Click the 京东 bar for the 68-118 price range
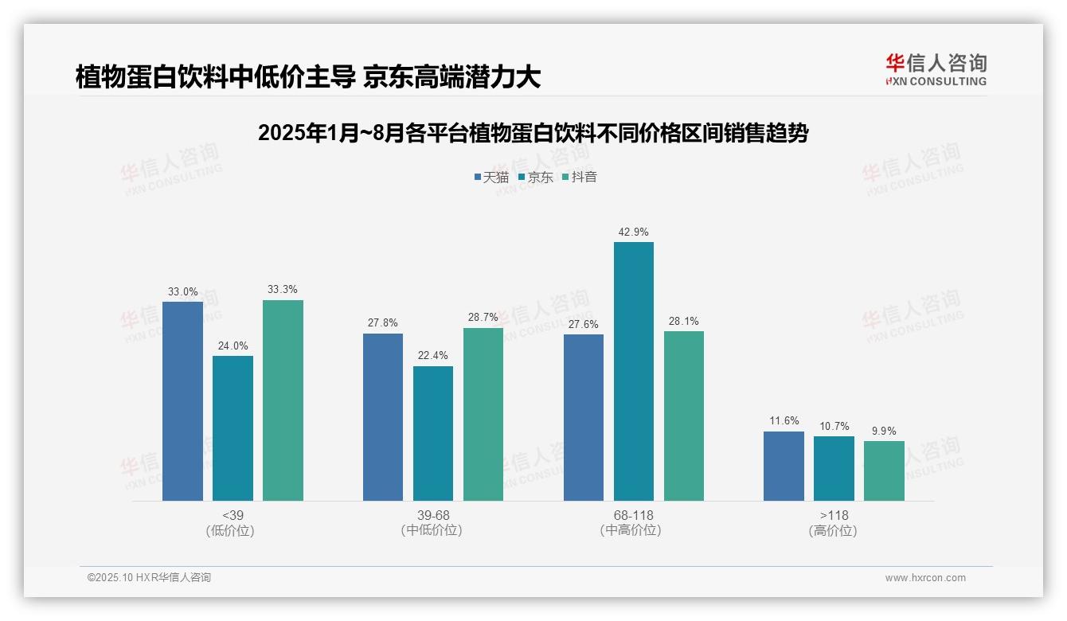[x=633, y=371]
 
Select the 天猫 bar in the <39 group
[x=182, y=401]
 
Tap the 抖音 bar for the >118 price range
[x=884, y=471]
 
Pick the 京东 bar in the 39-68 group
[x=433, y=433]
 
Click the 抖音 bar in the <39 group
[x=283, y=400]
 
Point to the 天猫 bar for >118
[x=784, y=466]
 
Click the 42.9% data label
[x=633, y=232]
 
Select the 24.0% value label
[x=233, y=346]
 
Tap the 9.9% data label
[x=884, y=432]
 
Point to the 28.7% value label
[x=483, y=318]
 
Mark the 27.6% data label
[x=584, y=325]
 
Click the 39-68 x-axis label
[x=433, y=515]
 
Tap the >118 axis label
[x=834, y=515]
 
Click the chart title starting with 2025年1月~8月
[x=533, y=133]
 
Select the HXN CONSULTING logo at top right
[x=936, y=70]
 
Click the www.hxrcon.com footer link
[x=925, y=578]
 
